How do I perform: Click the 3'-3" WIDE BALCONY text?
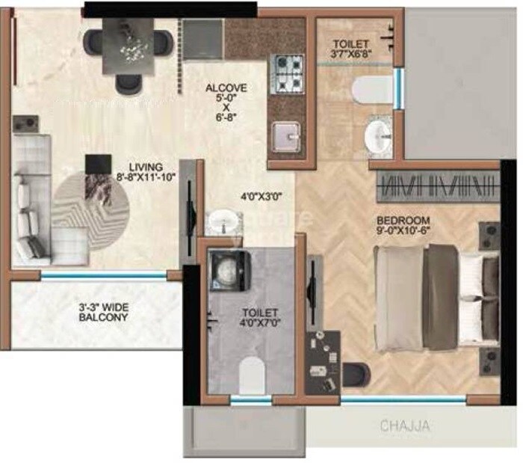pyautogui.click(x=104, y=311)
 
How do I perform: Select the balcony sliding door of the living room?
pyautogui.click(x=104, y=275)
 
